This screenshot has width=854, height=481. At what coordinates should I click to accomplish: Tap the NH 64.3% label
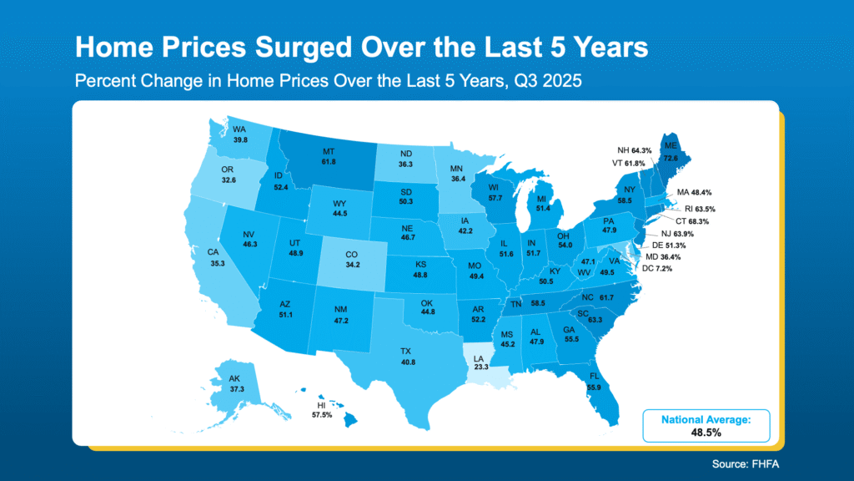pyautogui.click(x=636, y=150)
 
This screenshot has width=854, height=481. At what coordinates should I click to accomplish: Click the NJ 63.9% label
pyautogui.click(x=677, y=234)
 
